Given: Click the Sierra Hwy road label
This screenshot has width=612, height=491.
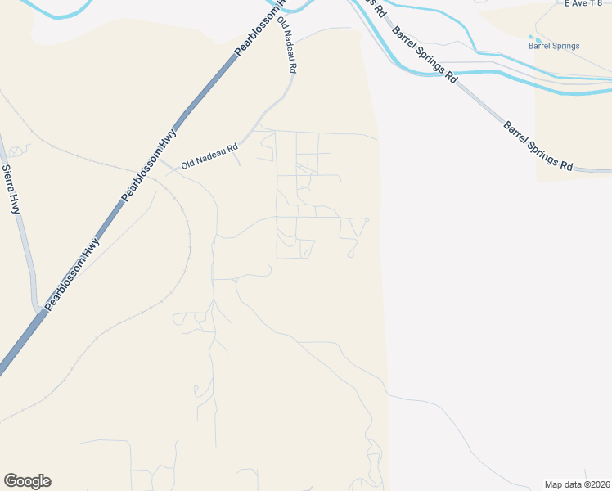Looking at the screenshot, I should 12,189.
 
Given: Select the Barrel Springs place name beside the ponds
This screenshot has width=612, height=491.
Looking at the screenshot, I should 554,46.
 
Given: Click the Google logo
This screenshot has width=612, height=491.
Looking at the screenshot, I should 27,481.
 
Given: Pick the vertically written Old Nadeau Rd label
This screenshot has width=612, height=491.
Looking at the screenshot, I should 286,45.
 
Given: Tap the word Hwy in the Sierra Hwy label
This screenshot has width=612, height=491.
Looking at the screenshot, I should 15,203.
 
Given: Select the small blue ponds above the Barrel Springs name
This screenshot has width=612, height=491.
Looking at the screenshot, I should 536,38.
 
